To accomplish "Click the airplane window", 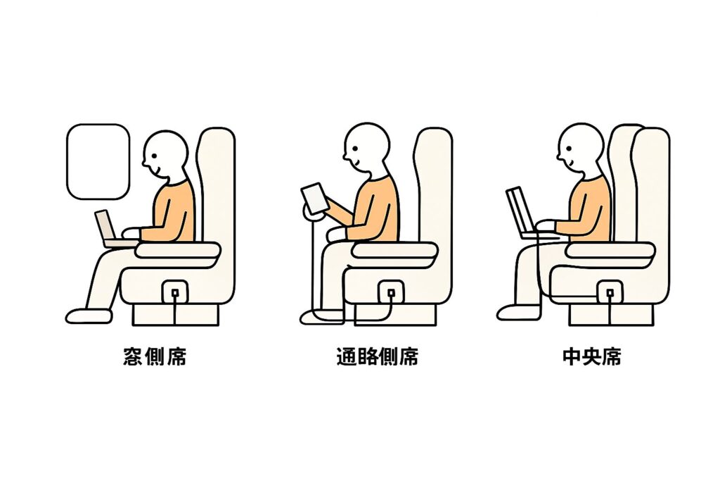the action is tap(98, 161).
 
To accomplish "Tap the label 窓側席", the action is tap(155, 356).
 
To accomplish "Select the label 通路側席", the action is tap(378, 356).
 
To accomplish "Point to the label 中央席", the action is tap(592, 356).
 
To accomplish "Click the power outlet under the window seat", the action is tap(174, 292).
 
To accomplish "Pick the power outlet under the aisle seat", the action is tap(391, 293).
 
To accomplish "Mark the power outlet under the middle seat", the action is tap(610, 292).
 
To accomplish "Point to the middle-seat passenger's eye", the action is tap(570, 148).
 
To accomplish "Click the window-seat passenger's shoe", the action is tap(89, 316).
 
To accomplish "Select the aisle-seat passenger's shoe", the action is tap(322, 317).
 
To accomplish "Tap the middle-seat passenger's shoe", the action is tap(519, 313).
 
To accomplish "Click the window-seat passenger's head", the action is tap(165, 154).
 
